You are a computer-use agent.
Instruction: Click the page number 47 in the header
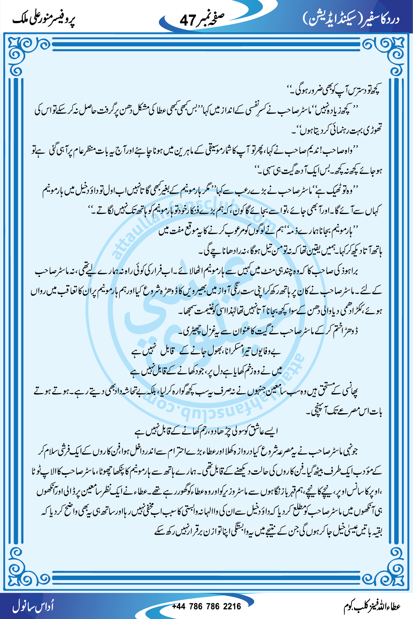(188, 20)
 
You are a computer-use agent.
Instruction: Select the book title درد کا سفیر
(381, 19)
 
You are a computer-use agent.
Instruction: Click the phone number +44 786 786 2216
(206, 606)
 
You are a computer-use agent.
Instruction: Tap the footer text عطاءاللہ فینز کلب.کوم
(372, 607)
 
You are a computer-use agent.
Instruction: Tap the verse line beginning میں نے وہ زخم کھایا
(206, 371)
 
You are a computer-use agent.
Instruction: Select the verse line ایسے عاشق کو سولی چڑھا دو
(206, 431)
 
